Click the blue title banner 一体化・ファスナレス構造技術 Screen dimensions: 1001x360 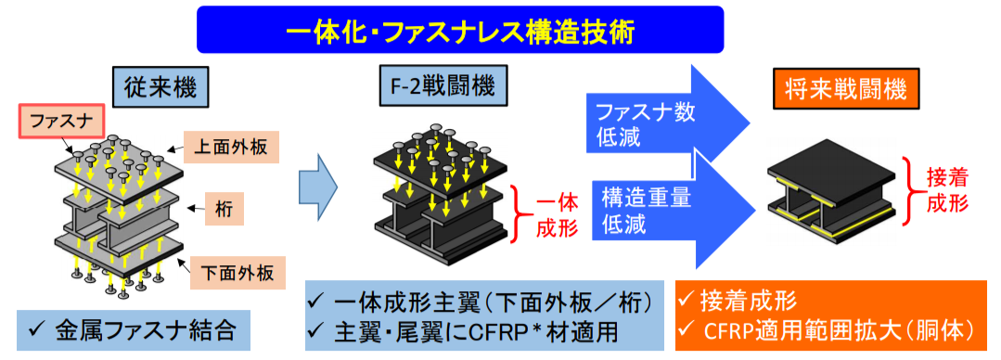tap(460, 30)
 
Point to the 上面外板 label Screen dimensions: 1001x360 tap(232, 148)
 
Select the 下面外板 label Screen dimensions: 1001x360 tap(232, 273)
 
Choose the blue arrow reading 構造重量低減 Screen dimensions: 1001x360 tap(671, 210)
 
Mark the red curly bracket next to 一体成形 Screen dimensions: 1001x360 tap(523, 213)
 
